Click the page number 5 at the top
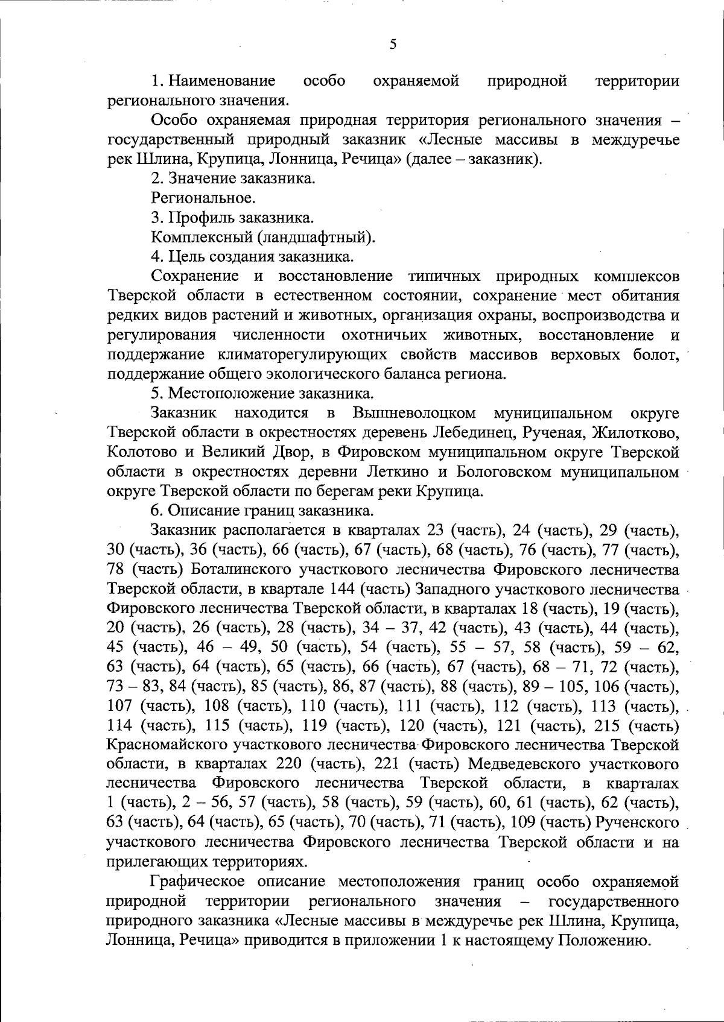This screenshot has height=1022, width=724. click(392, 45)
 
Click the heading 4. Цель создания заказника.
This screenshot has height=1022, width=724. click(252, 257)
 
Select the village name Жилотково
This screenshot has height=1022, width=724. click(636, 433)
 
